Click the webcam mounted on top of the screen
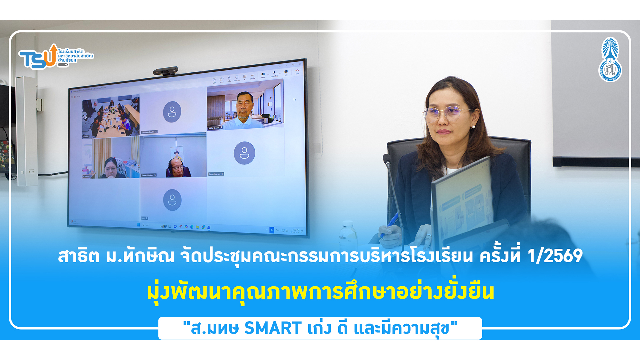[165, 72]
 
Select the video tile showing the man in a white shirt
[245, 107]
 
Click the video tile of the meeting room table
[111, 117]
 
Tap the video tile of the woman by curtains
[111, 158]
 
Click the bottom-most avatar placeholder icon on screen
[172, 200]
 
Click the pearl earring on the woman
[473, 127]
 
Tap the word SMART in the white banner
[273, 328]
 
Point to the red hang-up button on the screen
[297, 71]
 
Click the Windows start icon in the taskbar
[138, 225]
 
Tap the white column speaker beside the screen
[27, 130]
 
